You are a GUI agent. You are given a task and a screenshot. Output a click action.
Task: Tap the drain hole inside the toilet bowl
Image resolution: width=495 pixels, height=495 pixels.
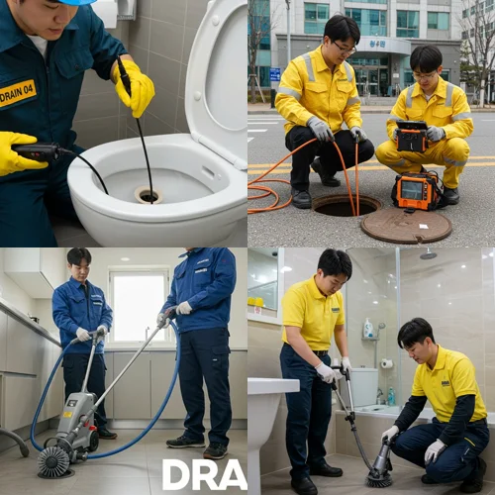point(148,195)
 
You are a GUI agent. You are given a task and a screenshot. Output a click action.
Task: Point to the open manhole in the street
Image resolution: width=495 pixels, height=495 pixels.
point(346,205)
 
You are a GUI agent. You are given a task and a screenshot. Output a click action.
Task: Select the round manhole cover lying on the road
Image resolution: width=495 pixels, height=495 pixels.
point(406,225)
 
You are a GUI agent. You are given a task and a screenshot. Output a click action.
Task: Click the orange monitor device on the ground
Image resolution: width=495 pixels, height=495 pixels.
point(417,191)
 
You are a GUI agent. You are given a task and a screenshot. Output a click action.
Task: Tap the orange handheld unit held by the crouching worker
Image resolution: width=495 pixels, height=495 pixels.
point(411,136)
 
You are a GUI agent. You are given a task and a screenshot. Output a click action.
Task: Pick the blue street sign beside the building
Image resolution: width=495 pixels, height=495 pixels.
point(275,74)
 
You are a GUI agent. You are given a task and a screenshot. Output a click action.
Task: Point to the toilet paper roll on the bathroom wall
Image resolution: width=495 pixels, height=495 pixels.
point(386,363)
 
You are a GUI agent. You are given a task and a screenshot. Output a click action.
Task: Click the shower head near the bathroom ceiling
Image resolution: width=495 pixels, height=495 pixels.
point(428,254)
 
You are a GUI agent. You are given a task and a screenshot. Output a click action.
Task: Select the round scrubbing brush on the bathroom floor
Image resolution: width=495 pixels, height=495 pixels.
point(379,478)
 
